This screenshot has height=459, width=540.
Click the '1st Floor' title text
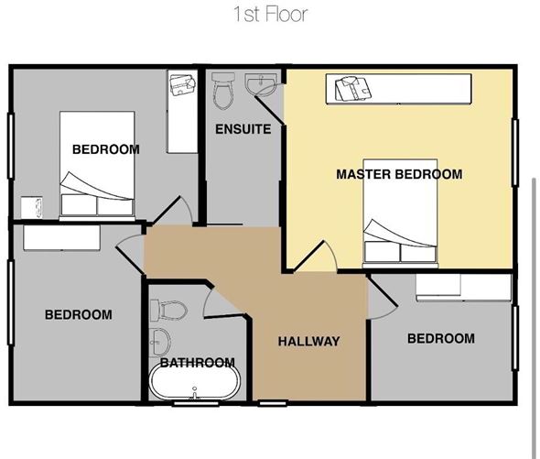(x=270, y=14)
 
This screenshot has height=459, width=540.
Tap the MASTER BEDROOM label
(x=398, y=174)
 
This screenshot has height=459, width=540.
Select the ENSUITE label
(x=243, y=129)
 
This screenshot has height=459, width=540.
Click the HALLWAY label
(x=308, y=342)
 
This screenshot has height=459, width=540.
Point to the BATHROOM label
(x=197, y=363)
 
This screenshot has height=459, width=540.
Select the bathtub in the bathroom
(x=193, y=382)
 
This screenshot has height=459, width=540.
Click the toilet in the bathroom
(x=171, y=308)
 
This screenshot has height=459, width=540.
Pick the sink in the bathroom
(x=161, y=342)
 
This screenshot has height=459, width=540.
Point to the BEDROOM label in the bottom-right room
(x=440, y=339)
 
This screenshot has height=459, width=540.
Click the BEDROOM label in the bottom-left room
(x=79, y=315)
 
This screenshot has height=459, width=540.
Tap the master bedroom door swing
(x=316, y=257)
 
